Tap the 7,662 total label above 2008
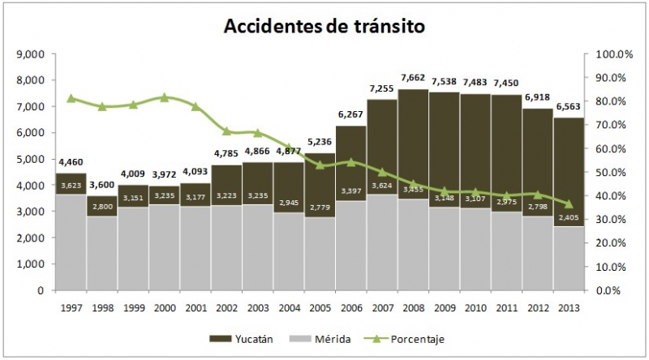pyautogui.click(x=413, y=78)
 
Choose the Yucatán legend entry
pyautogui.click(x=243, y=339)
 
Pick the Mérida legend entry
pyautogui.click(x=325, y=339)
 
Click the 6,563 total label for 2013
pyautogui.click(x=568, y=106)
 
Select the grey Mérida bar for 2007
pyautogui.click(x=382, y=243)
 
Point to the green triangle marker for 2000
pyautogui.click(x=164, y=97)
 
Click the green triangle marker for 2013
pyautogui.click(x=568, y=204)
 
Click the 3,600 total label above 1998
pyautogui.click(x=102, y=184)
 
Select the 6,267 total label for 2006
pyautogui.click(x=350, y=114)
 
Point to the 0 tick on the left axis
pyautogui.click(x=40, y=290)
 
